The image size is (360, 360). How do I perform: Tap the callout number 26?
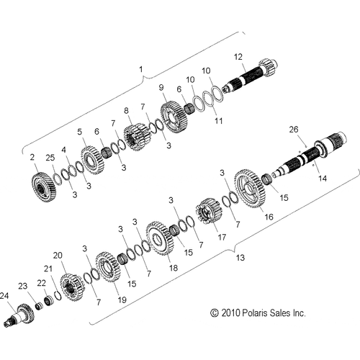coord(312,130)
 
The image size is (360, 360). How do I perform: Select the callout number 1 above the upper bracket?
coord(140,70)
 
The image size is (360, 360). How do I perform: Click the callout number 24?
coord(4,296)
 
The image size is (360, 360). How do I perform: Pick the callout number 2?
coord(32,156)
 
